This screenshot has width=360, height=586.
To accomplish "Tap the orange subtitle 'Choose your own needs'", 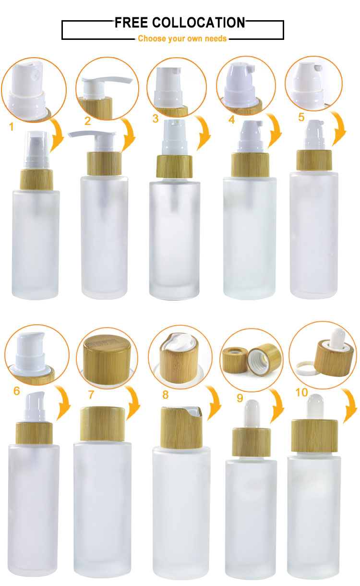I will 182,38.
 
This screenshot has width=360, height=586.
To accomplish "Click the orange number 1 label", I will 12,127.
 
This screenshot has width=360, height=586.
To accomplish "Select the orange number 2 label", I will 88,121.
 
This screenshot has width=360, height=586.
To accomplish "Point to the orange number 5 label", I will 301,117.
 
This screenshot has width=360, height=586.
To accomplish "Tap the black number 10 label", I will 301,392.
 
